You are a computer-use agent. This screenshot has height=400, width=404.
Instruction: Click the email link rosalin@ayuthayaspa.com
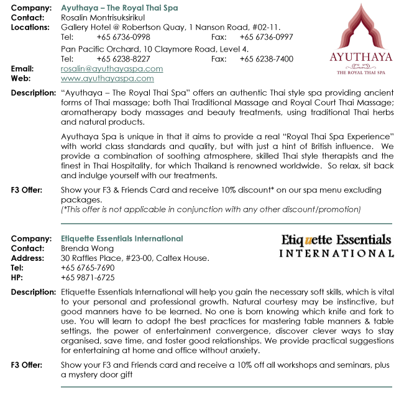click(x=112, y=69)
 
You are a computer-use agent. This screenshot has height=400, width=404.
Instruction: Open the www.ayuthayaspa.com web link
click(x=108, y=79)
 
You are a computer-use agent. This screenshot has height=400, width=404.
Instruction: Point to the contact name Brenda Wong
click(x=84, y=248)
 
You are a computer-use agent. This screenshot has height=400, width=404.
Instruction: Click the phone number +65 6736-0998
click(x=123, y=37)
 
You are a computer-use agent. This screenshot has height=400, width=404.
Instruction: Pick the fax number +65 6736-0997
click(x=266, y=37)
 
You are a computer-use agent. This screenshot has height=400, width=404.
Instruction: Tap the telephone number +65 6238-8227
click(x=123, y=59)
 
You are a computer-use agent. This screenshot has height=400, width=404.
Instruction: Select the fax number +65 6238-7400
click(x=266, y=59)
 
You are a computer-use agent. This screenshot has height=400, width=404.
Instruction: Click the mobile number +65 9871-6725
click(x=88, y=278)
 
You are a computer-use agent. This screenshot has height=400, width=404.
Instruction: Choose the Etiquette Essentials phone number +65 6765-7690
click(x=88, y=268)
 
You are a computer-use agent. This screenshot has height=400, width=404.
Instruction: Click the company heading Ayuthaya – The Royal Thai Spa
click(x=119, y=8)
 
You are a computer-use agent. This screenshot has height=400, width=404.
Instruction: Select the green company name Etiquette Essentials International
click(x=122, y=239)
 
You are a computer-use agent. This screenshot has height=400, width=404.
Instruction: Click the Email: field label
click(x=22, y=69)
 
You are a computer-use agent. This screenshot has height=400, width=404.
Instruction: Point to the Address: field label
click(x=28, y=258)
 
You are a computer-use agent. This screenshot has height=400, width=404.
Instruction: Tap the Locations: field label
click(x=30, y=27)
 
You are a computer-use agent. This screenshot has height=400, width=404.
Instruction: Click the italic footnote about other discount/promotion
click(x=211, y=210)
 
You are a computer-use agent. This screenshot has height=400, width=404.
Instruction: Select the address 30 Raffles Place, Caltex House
click(x=135, y=258)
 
